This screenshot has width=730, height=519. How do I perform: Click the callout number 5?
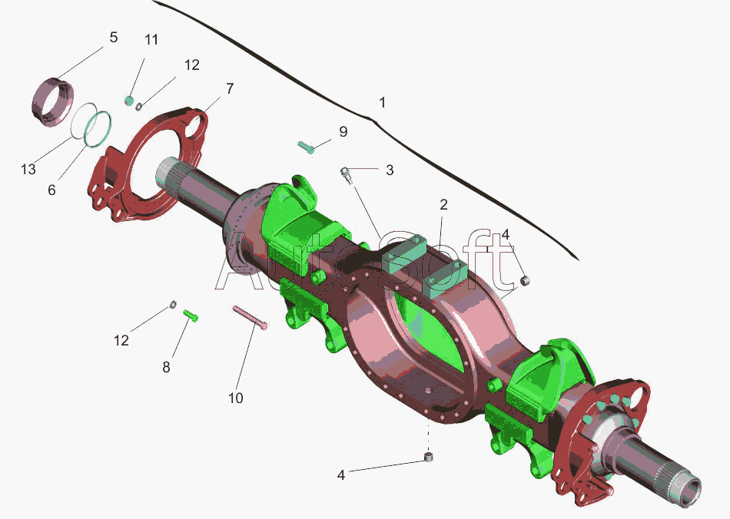point(114,37)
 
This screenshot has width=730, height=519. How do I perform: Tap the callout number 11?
point(151,39)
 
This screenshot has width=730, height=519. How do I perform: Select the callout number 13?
point(28,169)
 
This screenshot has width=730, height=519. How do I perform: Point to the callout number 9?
point(343,131)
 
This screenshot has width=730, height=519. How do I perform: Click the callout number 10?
point(236,398)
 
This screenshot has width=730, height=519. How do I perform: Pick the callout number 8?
point(166,368)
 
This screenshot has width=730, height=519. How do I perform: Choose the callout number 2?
point(443,204)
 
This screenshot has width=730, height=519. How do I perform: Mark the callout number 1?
point(382,102)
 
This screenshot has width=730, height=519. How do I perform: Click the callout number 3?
point(390,170)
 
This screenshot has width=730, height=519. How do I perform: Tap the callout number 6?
point(51,190)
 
